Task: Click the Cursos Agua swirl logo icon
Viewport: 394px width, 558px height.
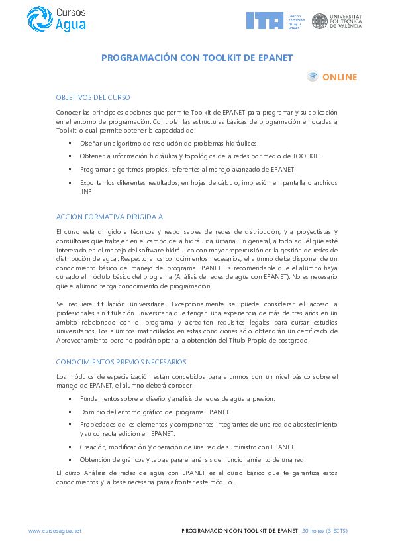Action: click(38, 19)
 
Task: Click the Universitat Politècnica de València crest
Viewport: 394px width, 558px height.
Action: click(319, 21)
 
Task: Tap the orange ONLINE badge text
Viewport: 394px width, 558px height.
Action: click(340, 77)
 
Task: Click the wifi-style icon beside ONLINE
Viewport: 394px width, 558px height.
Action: click(313, 77)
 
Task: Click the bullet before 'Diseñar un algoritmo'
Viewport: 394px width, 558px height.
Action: click(70, 143)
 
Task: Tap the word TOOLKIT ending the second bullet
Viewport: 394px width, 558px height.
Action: click(307, 156)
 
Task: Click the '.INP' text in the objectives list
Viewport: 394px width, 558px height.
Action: click(85, 191)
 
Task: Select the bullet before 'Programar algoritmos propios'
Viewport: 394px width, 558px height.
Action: click(70, 170)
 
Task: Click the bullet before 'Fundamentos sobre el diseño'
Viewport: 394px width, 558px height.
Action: click(70, 399)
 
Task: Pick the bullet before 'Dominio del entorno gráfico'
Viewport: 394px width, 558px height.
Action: click(70, 412)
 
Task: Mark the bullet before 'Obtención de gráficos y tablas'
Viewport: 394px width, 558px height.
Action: click(70, 460)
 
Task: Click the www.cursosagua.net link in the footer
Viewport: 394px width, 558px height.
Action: click(55, 531)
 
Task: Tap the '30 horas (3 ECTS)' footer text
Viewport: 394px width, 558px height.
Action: click(324, 531)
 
